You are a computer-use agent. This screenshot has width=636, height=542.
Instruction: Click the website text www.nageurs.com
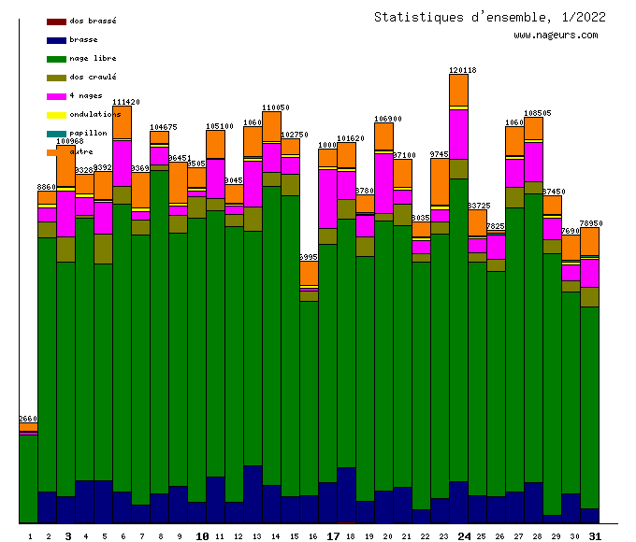pos(556,36)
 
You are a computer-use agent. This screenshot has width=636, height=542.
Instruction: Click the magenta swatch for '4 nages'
pos(56,96)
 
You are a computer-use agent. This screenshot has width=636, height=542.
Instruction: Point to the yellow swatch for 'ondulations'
pos(56,115)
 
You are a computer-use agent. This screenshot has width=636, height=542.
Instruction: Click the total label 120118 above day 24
pos(462,70)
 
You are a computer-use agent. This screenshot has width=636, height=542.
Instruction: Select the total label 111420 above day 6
pos(125,102)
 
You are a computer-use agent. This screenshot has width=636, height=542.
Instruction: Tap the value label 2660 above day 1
pos(28,419)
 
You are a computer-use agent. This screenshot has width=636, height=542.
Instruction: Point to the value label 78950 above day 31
pos(590,223)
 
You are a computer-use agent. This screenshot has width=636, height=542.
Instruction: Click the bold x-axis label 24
pos(464,536)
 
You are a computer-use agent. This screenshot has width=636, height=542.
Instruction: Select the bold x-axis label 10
pos(202,536)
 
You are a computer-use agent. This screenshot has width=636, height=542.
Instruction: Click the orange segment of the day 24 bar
pos(458,90)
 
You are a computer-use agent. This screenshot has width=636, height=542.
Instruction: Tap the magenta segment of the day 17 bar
pos(327,198)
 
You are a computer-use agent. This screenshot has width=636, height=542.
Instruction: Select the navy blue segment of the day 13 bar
pos(253,493)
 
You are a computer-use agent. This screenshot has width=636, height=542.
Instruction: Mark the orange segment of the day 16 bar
pos(309,273)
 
